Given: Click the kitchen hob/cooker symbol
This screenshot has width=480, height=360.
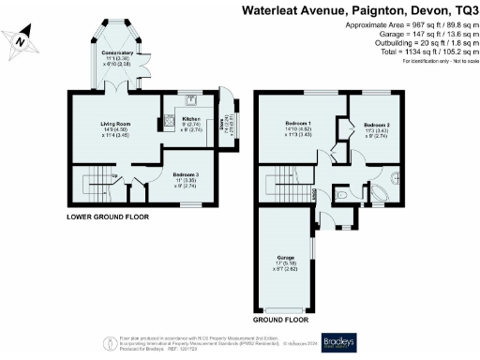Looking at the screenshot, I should tap(169, 119).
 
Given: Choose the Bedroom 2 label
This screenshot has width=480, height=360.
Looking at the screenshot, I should tap(377, 128).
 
